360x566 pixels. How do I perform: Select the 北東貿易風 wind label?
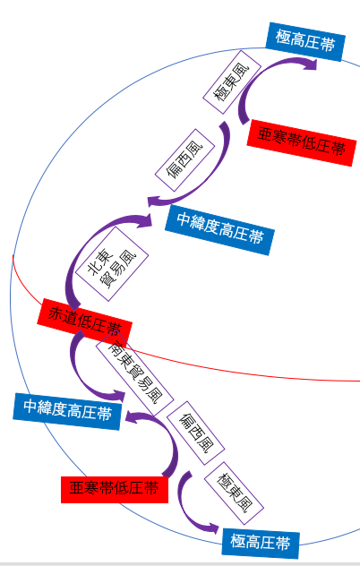click(x=112, y=264)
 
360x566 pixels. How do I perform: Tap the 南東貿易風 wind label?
click(x=134, y=373)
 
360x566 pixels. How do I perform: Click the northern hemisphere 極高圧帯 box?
click(x=305, y=42)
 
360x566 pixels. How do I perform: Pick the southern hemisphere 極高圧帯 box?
click(x=261, y=543)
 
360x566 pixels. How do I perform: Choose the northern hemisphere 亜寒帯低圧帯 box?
click(x=302, y=143)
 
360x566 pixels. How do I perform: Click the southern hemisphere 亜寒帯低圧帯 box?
click(x=115, y=490)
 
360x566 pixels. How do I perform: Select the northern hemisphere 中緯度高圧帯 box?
click(x=219, y=230)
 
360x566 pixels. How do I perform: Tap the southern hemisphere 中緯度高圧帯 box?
click(x=67, y=411)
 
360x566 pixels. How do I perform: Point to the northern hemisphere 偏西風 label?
click(x=184, y=160)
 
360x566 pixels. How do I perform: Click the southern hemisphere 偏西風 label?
click(x=196, y=433)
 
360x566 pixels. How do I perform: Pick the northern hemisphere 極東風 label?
click(x=232, y=82)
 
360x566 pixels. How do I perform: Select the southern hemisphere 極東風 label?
click(x=234, y=493)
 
